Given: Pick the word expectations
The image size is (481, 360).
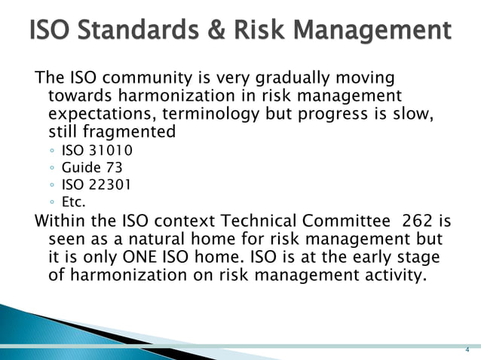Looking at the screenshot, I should tap(97, 114).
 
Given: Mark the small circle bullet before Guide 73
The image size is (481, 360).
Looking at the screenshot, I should tap(51, 168).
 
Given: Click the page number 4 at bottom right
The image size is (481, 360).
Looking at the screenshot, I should tap(467, 350).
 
